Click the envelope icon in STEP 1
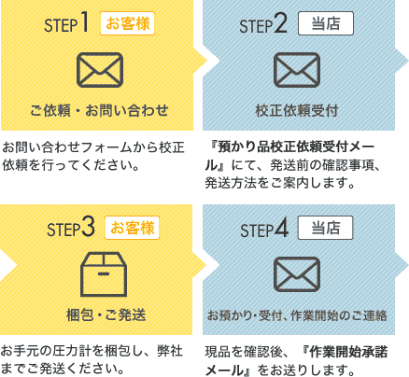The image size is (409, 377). click(100, 70)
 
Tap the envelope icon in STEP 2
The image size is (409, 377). click(297, 70)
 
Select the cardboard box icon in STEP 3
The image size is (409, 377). click(104, 274)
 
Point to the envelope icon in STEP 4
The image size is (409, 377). click(297, 274)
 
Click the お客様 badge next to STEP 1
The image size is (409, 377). click(127, 23)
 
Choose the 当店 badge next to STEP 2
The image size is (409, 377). click(326, 23)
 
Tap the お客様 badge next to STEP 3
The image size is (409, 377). click(132, 228)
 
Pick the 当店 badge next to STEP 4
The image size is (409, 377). click(325, 228)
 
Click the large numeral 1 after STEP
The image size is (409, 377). click(84, 23)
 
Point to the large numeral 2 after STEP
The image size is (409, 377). click(281, 23)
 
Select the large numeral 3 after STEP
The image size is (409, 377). click(88, 228)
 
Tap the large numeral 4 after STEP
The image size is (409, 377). click(281, 228)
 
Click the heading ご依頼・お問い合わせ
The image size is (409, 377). click(99, 110)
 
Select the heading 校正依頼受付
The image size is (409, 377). click(297, 110)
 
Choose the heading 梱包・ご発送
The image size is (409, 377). click(106, 314)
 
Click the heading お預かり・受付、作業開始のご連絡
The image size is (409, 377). click(297, 315)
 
